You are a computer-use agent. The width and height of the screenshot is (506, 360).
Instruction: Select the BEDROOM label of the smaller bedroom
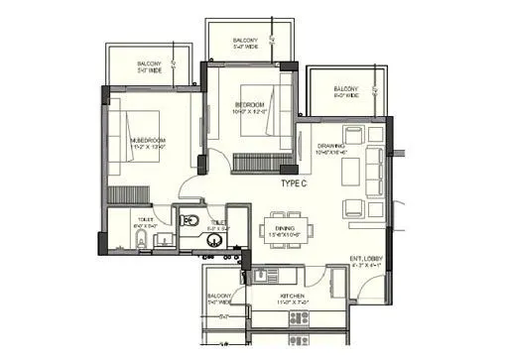(x=250, y=104)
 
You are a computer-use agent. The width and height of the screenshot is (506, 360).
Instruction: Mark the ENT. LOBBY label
(x=365, y=260)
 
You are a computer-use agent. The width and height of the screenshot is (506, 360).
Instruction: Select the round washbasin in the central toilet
(x=212, y=239)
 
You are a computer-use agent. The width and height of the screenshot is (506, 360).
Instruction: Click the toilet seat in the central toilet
(x=191, y=219)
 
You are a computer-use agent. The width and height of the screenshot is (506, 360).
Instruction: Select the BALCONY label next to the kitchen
(x=220, y=296)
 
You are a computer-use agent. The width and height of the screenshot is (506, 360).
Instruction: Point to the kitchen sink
(x=261, y=274)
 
